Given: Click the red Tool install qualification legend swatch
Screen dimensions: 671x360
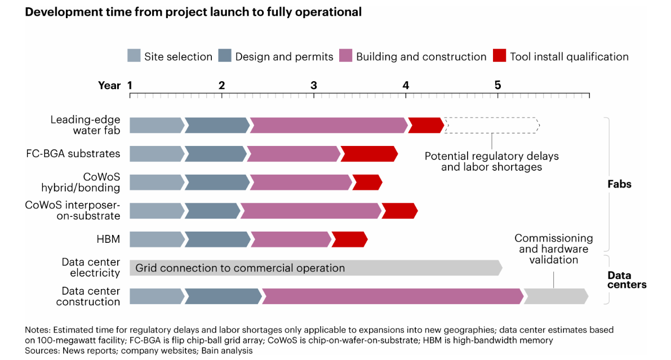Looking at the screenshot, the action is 499,56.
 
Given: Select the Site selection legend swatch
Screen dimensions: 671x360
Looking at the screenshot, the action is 134,56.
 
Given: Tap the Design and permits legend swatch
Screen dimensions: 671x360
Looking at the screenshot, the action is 225,56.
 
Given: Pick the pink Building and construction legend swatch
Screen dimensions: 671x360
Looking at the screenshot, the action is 346,56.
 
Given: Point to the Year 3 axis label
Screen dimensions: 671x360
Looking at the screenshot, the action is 314,85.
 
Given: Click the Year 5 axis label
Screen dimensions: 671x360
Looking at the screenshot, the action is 497,85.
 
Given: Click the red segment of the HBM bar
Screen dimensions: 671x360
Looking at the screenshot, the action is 350,239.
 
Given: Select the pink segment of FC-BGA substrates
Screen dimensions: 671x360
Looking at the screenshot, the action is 294,154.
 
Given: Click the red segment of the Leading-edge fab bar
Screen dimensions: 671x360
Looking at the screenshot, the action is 426,126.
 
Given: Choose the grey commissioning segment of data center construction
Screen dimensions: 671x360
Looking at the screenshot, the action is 556,296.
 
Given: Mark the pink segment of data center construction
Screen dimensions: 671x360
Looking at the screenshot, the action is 393,296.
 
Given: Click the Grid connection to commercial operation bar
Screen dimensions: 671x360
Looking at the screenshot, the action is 316,268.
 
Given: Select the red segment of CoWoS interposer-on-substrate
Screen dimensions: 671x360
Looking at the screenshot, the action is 399,211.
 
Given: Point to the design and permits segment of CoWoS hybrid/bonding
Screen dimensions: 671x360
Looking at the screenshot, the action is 217,183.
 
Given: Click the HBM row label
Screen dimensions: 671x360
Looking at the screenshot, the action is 108,239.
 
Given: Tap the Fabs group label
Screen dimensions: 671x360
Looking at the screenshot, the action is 619,184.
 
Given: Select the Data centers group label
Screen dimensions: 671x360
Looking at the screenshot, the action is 627,280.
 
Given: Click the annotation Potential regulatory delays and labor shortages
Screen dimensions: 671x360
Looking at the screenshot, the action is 492,161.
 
